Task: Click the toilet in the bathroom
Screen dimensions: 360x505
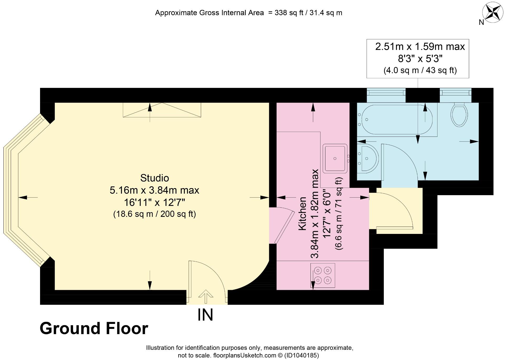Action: click(x=459, y=115)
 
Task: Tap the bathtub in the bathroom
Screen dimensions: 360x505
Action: click(x=397, y=120)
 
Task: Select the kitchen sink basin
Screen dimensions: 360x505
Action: click(x=335, y=158)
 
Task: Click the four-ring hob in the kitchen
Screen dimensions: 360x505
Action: click(x=323, y=275)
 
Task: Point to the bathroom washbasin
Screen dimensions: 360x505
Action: click(x=368, y=158)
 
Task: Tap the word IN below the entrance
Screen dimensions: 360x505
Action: click(x=205, y=315)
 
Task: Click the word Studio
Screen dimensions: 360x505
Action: click(x=154, y=178)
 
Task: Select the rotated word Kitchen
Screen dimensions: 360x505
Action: click(x=302, y=213)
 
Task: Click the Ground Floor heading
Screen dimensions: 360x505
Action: click(x=94, y=328)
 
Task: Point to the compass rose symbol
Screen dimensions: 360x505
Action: click(x=493, y=12)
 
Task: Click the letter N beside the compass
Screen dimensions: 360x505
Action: click(x=481, y=22)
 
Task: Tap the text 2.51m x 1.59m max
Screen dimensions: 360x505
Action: click(x=420, y=47)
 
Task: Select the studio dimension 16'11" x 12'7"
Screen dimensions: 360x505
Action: click(x=154, y=202)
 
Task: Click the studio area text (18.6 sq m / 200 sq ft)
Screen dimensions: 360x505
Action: click(x=154, y=214)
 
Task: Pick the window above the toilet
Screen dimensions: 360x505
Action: click(x=456, y=93)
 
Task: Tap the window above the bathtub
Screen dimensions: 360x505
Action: click(x=386, y=93)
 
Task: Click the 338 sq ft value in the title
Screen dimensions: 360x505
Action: click(x=287, y=13)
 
